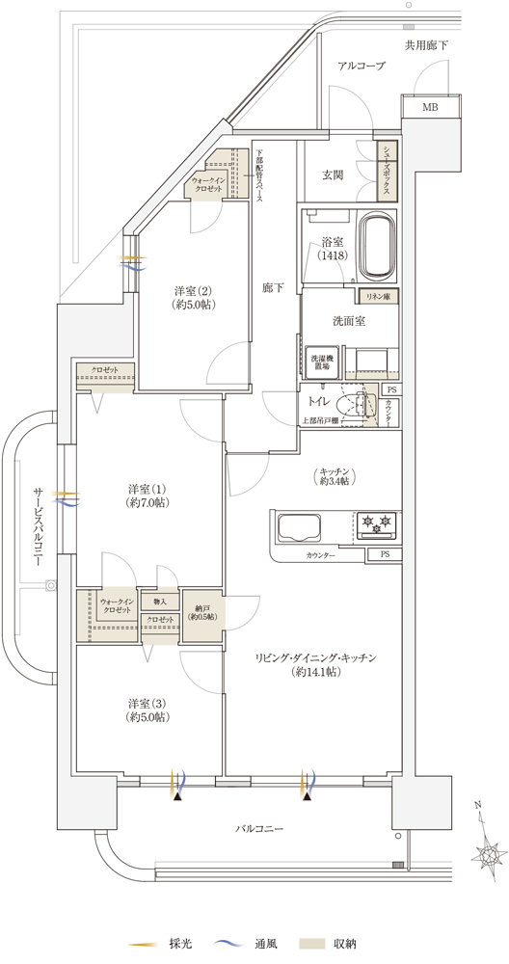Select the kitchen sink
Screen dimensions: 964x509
[300, 528]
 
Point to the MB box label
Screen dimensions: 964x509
[430, 108]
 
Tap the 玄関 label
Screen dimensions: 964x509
[334, 175]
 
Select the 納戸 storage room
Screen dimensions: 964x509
[202, 616]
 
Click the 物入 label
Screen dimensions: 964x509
[160, 602]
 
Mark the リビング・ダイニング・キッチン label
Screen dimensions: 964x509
[314, 663]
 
